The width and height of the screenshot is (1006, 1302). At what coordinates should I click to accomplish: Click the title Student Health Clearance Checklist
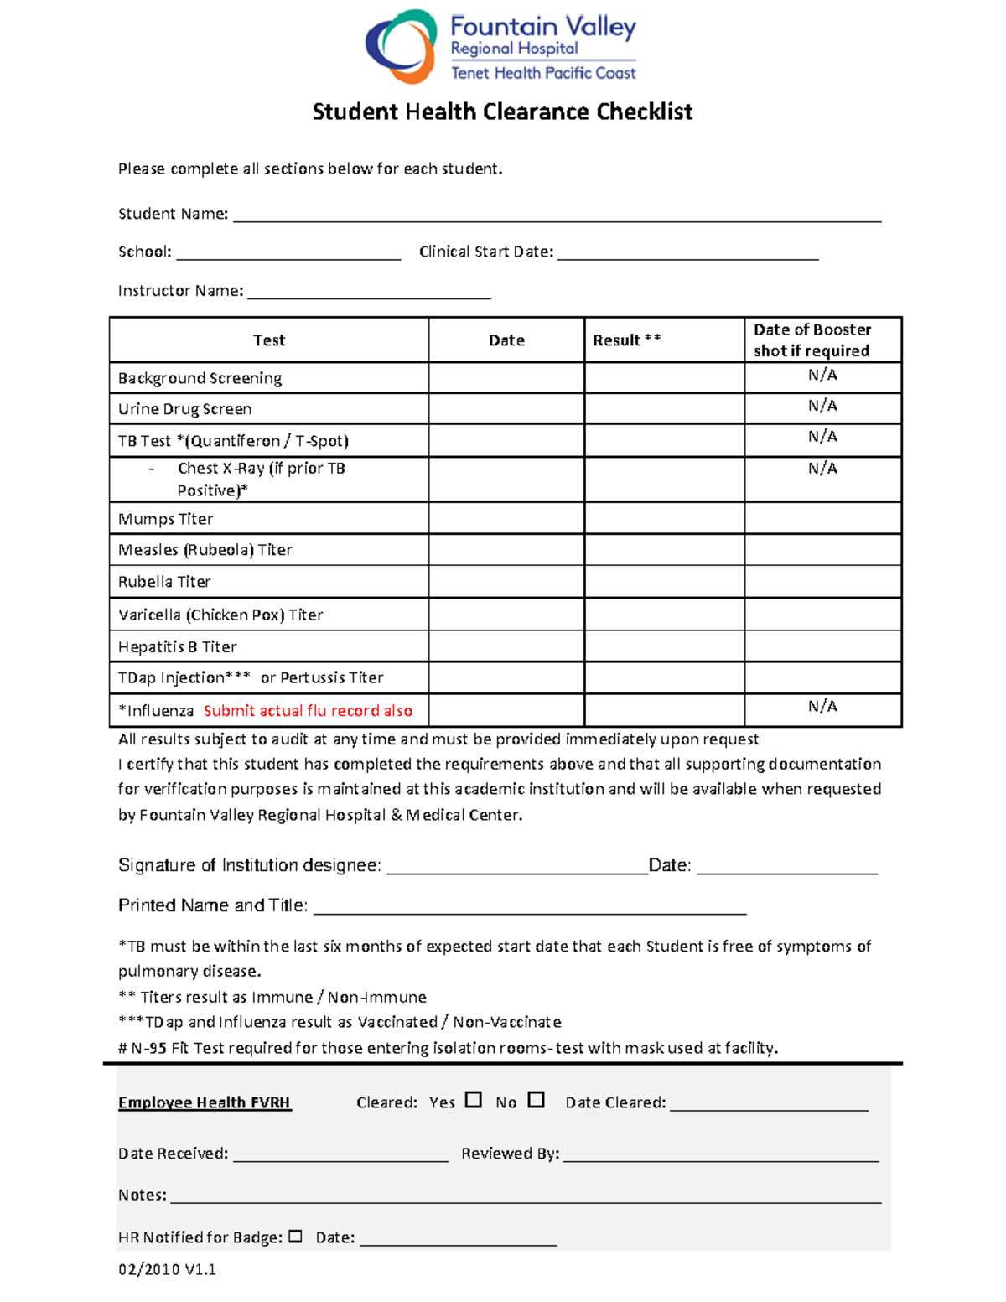coord(502,112)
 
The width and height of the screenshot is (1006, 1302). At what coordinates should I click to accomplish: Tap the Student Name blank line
coord(557,215)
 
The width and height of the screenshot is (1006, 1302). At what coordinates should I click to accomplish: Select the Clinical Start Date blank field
coord(687,252)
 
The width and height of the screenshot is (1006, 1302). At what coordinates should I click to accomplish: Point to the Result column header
coord(626,340)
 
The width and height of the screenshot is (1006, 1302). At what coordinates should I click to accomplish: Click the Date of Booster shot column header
coord(812,340)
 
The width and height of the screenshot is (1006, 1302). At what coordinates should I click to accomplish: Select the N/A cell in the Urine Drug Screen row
coord(822,406)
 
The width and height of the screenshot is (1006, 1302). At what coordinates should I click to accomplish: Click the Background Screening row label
coord(200,378)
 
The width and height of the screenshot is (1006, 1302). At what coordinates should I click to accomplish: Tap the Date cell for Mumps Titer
coord(506,518)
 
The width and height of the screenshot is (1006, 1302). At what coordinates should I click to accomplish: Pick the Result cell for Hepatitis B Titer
coord(664,646)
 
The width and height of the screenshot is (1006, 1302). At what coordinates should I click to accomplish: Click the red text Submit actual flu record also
coord(308,711)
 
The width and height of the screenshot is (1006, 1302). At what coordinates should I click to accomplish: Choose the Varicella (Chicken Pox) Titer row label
coord(220,615)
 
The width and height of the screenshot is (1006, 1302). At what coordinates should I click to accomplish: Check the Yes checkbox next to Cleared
coord(474,1099)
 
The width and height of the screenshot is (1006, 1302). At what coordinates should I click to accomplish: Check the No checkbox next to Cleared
coord(537,1099)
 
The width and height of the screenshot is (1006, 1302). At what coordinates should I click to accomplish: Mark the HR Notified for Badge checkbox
coord(295,1236)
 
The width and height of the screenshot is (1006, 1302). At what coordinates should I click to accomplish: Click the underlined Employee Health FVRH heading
coord(205,1102)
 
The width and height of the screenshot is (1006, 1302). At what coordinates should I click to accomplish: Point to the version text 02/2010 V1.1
coord(167,1269)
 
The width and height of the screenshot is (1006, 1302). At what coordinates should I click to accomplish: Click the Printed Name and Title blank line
coord(529,906)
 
